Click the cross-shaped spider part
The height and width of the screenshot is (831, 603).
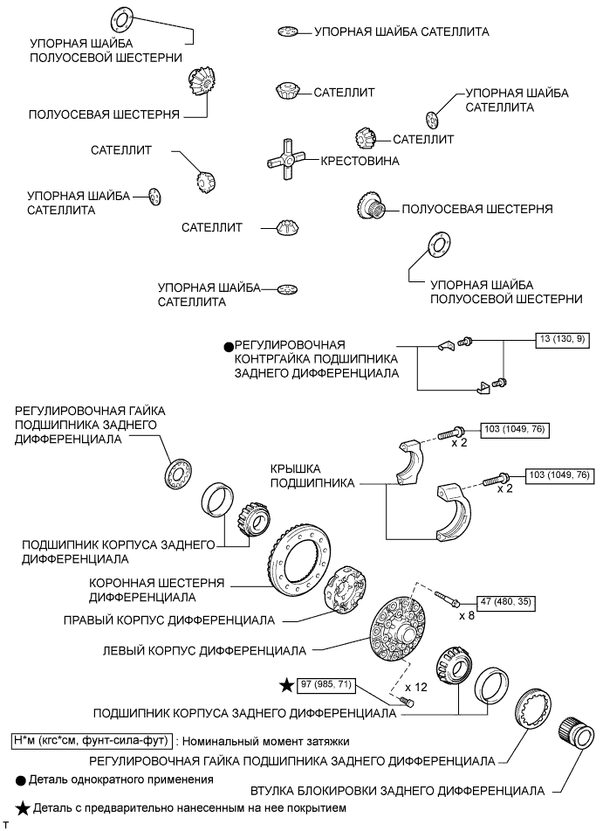pyautogui.click(x=286, y=160)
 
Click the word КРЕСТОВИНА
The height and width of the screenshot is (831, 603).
pyautogui.click(x=360, y=161)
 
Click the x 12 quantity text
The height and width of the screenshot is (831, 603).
pyautogui.click(x=416, y=688)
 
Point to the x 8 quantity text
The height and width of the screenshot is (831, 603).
pyautogui.click(x=467, y=616)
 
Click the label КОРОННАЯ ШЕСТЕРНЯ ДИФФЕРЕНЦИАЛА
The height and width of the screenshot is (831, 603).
pyautogui.click(x=157, y=590)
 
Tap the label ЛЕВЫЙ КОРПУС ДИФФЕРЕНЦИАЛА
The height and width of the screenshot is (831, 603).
pyautogui.click(x=204, y=650)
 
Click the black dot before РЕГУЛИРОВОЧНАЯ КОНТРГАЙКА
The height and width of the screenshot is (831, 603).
pyautogui.click(x=229, y=347)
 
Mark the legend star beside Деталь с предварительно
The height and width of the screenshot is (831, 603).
pyautogui.click(x=24, y=808)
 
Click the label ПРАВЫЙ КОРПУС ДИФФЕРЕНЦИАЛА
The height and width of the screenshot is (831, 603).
pyautogui.click(x=169, y=620)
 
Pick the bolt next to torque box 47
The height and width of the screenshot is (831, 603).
pyautogui.click(x=449, y=598)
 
